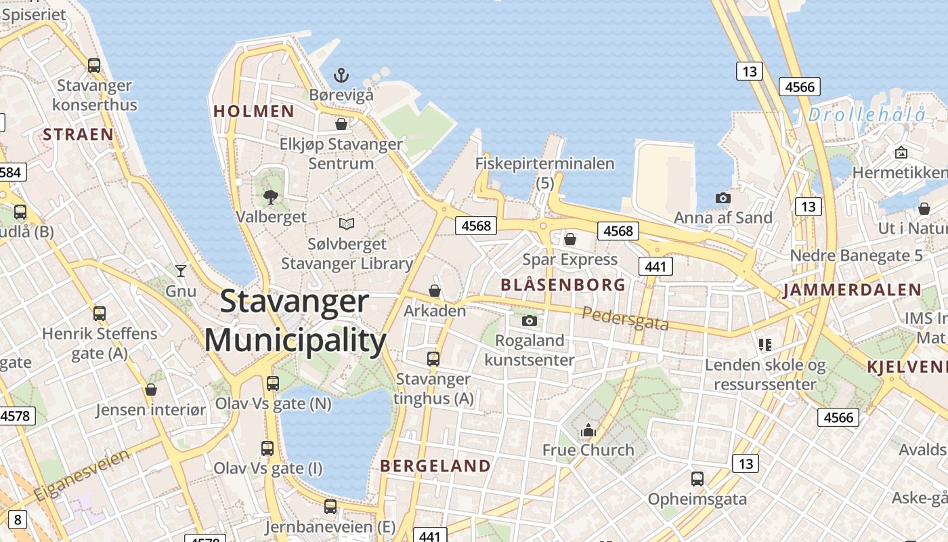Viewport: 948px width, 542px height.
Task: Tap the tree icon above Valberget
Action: point(271,196)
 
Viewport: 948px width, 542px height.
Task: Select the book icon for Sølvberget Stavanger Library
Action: point(347,224)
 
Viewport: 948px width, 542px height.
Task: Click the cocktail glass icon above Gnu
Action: point(181,271)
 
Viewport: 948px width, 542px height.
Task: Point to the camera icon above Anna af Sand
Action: point(723,198)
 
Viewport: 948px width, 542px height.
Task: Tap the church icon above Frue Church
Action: point(588,430)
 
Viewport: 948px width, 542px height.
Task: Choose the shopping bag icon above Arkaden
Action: point(435,291)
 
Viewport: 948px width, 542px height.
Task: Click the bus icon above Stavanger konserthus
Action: point(94,66)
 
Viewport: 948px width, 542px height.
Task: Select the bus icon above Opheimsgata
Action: point(697,479)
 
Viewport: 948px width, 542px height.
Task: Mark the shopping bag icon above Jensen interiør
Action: point(150,390)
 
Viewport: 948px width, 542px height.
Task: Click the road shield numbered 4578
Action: point(16,415)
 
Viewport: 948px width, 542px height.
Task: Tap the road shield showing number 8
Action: point(17,520)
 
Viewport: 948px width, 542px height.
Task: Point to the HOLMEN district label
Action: point(254,111)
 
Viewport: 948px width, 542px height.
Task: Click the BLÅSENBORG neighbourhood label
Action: point(563,285)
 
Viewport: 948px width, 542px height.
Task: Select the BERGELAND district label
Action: point(435,466)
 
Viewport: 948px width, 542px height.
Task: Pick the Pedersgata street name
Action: point(625,318)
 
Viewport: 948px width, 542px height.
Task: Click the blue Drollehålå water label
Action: point(867,115)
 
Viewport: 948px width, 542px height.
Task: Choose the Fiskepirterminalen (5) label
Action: point(545,172)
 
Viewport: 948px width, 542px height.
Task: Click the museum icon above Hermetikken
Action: point(901,152)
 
